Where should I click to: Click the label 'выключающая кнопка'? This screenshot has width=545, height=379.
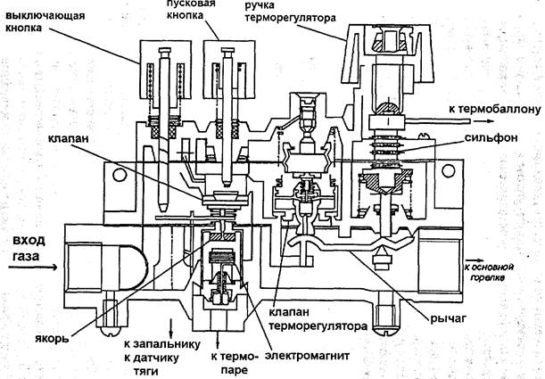[x=45, y=21]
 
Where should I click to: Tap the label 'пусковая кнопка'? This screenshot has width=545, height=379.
[x=191, y=10]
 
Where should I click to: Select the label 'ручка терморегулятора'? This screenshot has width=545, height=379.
[x=290, y=12]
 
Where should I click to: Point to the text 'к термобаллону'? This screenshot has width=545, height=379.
[x=494, y=109]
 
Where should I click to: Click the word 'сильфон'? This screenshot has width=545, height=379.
[x=491, y=137]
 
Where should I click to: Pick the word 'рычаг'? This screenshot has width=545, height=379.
[x=448, y=317]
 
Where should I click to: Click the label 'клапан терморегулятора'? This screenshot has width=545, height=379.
[x=318, y=319]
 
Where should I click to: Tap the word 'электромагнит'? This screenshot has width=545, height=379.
[x=307, y=356]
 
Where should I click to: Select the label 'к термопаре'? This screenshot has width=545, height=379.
[x=234, y=363]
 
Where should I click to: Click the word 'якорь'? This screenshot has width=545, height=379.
[x=52, y=338]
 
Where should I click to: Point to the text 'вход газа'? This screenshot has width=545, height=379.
[x=29, y=248]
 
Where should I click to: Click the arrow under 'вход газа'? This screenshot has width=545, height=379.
[x=33, y=268]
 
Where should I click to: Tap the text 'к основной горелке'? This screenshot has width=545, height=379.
[x=488, y=272]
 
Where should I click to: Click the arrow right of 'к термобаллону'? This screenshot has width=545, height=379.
[x=483, y=121]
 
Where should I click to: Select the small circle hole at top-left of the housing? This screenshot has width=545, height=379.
[x=120, y=175]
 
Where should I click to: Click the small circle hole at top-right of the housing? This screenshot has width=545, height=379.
[x=448, y=170]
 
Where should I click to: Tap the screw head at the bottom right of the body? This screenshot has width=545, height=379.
[x=385, y=328]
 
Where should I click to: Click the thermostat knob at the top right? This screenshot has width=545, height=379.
[x=387, y=55]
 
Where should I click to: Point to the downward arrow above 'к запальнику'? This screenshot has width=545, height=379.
[x=170, y=328]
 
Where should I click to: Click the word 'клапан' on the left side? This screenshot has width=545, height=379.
[x=68, y=138]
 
